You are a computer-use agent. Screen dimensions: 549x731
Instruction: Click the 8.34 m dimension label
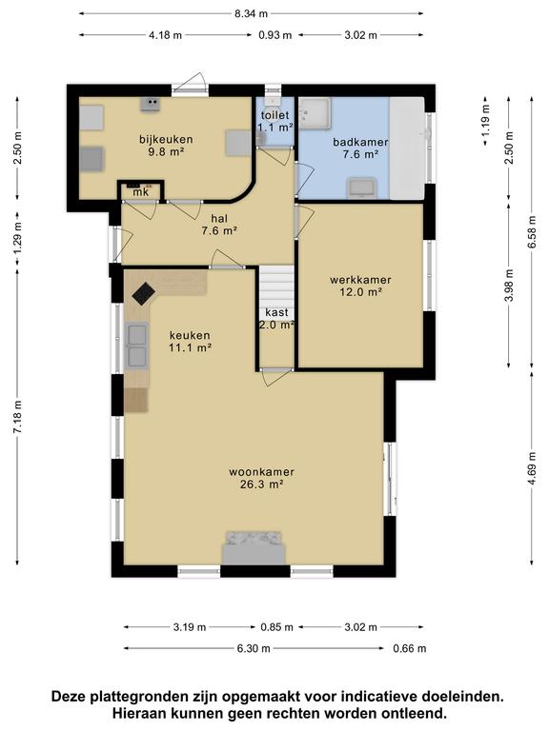click(252, 13)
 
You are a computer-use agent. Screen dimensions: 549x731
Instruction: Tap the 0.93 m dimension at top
click(275, 35)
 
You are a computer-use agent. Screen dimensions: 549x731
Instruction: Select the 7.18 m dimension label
click(17, 417)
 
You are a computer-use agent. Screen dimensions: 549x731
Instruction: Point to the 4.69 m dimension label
click(532, 468)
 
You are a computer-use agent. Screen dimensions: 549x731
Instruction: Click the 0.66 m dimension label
click(410, 648)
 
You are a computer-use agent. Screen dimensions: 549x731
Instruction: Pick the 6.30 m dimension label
click(254, 648)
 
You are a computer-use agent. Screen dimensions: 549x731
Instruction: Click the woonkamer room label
click(261, 472)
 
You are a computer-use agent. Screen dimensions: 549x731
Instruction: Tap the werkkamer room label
click(360, 280)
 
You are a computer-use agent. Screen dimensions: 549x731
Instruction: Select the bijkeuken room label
click(166, 139)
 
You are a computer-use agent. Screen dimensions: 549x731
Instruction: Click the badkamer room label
click(360, 142)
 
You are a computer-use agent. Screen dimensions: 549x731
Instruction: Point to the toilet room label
click(274, 114)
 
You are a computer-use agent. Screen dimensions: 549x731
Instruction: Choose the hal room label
click(219, 218)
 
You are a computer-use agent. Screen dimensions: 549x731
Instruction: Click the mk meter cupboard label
click(140, 192)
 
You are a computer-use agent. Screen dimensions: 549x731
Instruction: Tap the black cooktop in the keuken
click(143, 293)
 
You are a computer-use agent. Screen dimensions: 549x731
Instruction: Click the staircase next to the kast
click(276, 286)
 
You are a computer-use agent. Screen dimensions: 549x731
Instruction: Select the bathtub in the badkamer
click(407, 148)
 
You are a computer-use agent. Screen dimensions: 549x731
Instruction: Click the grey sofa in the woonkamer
click(254, 548)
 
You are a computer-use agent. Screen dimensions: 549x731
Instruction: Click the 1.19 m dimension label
click(485, 121)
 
